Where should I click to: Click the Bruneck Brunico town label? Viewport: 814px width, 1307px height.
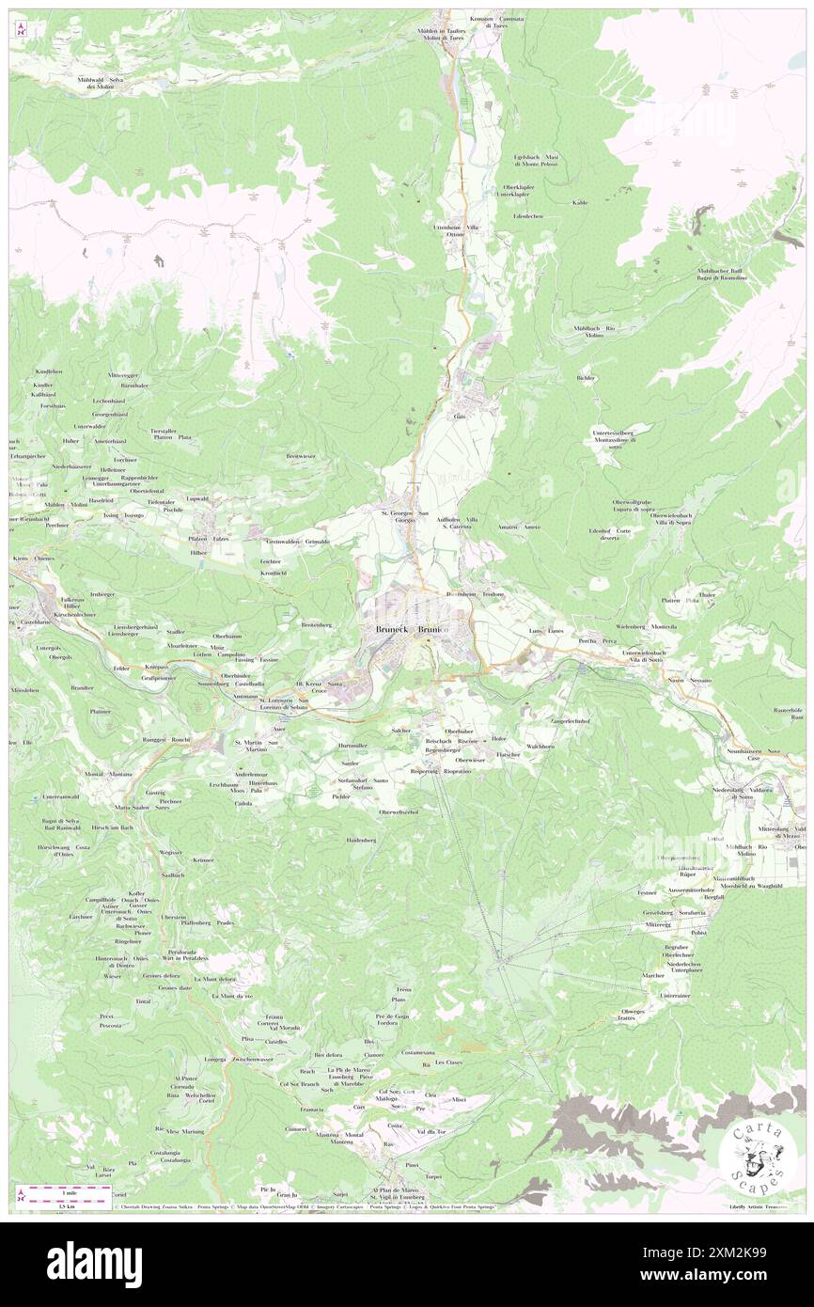tap(411, 630)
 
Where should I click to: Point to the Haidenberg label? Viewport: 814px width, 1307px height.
tap(361, 840)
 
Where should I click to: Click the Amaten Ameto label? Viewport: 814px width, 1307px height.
tap(520, 527)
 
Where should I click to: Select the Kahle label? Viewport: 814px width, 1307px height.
tap(580, 202)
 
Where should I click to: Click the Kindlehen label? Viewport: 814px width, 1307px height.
tap(48, 371)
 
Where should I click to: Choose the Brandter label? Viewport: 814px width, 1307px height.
tap(82, 688)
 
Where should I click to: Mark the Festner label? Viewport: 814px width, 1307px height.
tap(646, 891)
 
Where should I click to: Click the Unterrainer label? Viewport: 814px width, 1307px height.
tap(675, 995)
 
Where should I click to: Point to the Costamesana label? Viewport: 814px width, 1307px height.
tap(415, 1053)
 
